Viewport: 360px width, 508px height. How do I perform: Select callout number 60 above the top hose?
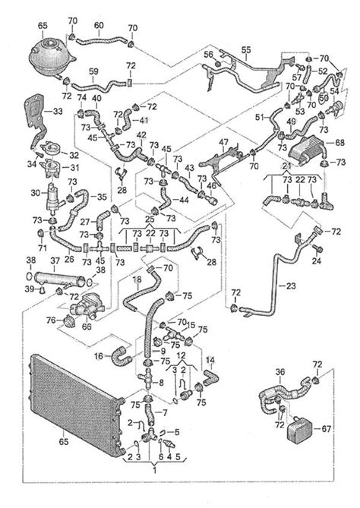coord(98,25)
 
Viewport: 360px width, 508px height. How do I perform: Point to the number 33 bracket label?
coord(56,112)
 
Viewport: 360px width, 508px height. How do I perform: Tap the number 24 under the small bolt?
coord(317,262)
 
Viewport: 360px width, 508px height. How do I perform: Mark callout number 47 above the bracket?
coord(223,142)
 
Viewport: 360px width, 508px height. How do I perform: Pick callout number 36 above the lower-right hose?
coord(280,373)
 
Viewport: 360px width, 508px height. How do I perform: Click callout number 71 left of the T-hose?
coord(43,248)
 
